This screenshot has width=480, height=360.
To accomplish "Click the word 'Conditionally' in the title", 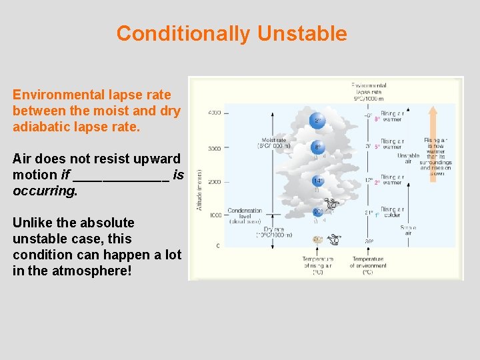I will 184,33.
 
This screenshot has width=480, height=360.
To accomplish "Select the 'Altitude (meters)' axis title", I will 199,190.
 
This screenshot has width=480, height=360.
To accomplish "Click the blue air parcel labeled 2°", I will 317,120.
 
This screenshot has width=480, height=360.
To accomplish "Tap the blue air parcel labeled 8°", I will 318,149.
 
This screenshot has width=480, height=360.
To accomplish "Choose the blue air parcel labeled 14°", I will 318,181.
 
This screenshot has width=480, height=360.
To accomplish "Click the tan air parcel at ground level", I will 318,240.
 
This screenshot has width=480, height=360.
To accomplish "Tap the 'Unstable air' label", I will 408,159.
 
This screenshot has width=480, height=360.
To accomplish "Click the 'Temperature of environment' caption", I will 367,265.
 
